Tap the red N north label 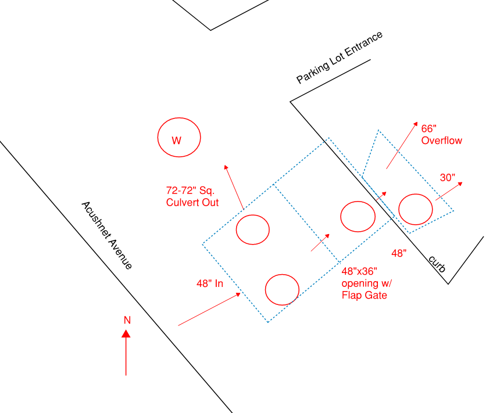point(127,320)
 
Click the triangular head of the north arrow point(126,333)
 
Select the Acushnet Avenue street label point(107,235)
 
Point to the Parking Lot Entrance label point(340,58)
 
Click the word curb point(437,264)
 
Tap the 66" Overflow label point(441,135)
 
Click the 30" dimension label point(448,178)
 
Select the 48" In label point(210,283)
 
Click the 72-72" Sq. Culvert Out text point(192,196)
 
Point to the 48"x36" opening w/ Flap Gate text point(367,283)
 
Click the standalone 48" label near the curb point(399,253)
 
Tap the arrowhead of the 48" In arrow point(238,295)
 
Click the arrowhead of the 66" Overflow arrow point(416,124)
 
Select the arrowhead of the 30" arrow point(460,184)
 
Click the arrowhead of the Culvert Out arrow point(226,167)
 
